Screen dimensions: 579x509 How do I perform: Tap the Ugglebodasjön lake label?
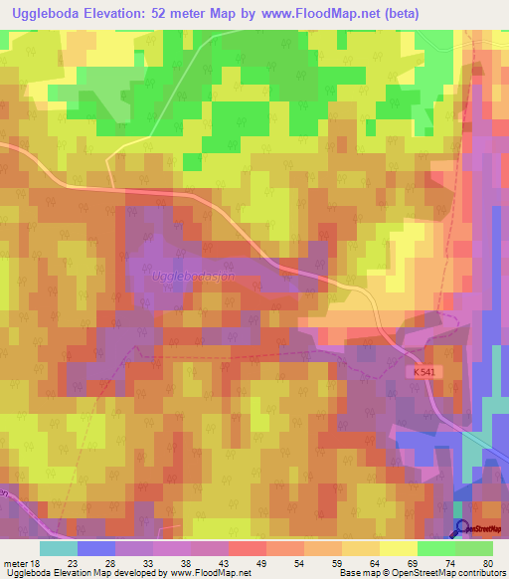[x=193, y=276]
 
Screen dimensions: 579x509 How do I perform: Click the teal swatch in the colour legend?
[x=59, y=548]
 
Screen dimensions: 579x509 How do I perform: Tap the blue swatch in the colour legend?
[x=96, y=548]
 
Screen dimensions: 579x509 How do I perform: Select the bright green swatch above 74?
[x=436, y=548]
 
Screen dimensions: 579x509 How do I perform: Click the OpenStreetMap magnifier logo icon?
[x=461, y=529]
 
